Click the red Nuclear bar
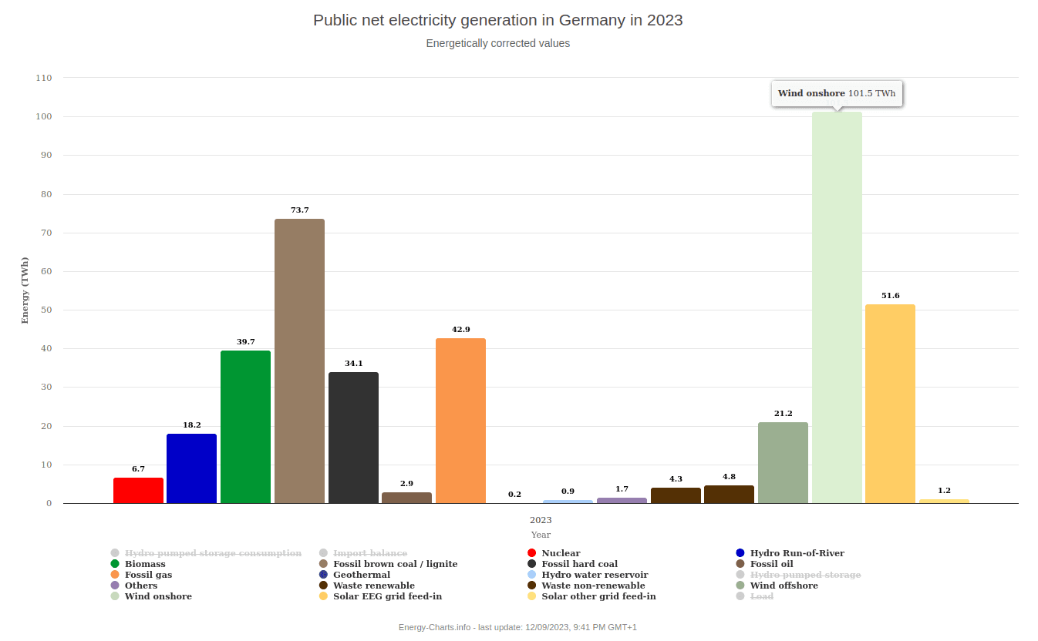(138, 491)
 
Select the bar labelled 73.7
(299, 361)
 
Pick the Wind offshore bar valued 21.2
(783, 463)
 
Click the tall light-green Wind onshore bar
(837, 308)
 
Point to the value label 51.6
(891, 296)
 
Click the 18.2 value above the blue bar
(192, 425)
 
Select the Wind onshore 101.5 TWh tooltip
(837, 94)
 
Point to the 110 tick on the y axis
(44, 78)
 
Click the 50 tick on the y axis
(46, 310)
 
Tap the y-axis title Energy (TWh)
(25, 290)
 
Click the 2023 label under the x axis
(541, 520)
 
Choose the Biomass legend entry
(145, 564)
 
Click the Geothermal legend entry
(362, 575)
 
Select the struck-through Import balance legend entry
(369, 553)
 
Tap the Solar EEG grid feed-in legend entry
(387, 596)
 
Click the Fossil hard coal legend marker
(531, 564)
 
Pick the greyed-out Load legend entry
(761, 596)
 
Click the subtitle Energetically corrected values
(497, 44)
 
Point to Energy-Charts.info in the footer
(434, 627)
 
